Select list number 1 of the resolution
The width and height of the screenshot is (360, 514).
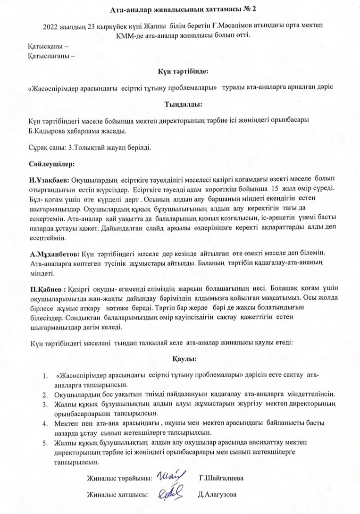(x=45, y=376)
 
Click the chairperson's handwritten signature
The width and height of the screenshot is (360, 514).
(x=169, y=475)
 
